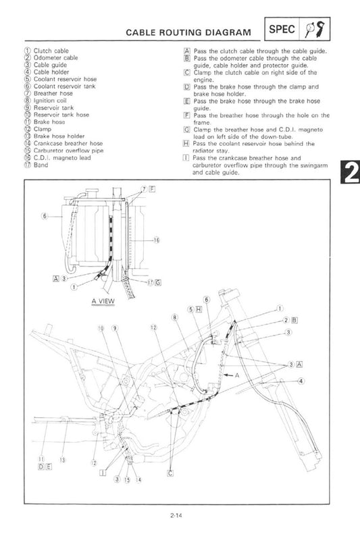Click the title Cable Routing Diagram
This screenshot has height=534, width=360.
(188, 32)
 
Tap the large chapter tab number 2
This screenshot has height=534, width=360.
(350, 172)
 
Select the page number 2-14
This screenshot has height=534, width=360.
(176, 515)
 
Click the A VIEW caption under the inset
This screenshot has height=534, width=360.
(103, 301)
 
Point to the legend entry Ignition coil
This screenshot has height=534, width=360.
(50, 101)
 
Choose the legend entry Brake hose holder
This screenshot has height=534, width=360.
(59, 136)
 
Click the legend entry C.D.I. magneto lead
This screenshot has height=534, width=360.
(62, 158)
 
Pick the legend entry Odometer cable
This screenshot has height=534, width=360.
(55, 57)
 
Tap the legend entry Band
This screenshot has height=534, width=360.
(41, 165)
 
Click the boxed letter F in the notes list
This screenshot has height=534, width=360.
(186, 115)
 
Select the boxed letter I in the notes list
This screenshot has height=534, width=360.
(186, 158)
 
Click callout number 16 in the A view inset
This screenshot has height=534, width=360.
(156, 240)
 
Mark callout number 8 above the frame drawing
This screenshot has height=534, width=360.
(175, 317)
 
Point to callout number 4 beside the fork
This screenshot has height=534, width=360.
(301, 381)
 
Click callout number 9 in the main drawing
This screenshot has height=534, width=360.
(115, 328)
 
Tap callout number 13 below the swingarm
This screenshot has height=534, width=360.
(62, 460)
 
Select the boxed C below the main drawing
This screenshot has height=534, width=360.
(171, 473)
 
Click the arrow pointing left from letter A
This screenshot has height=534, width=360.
(228, 375)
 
